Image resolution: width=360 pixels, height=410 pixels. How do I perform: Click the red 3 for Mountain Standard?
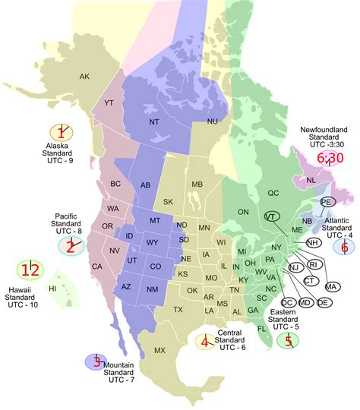click(96, 362)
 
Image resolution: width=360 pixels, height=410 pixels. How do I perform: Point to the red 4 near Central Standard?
click(204, 342)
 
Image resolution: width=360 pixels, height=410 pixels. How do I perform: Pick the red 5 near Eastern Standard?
click(289, 341)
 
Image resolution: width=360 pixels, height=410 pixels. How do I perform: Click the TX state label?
click(178, 310)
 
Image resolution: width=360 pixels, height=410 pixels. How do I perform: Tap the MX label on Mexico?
click(159, 350)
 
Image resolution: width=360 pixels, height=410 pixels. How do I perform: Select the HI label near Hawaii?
click(52, 289)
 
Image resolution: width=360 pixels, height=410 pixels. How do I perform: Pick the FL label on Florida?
click(262, 328)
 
